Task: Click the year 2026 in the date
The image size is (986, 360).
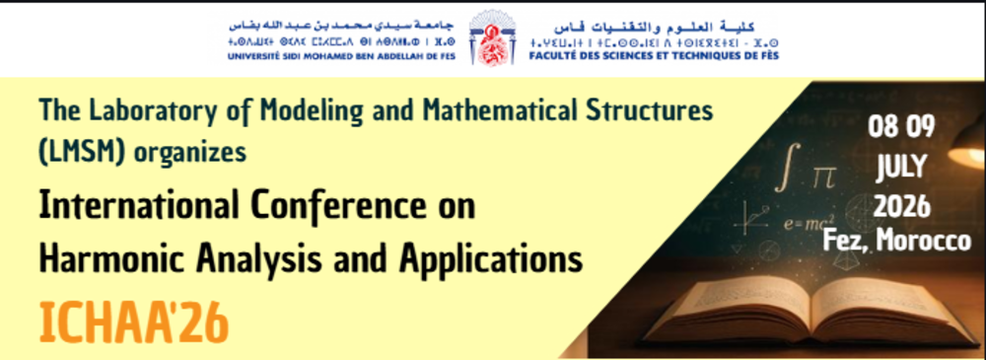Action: (x=899, y=206)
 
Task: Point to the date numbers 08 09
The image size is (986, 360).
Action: (x=900, y=127)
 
